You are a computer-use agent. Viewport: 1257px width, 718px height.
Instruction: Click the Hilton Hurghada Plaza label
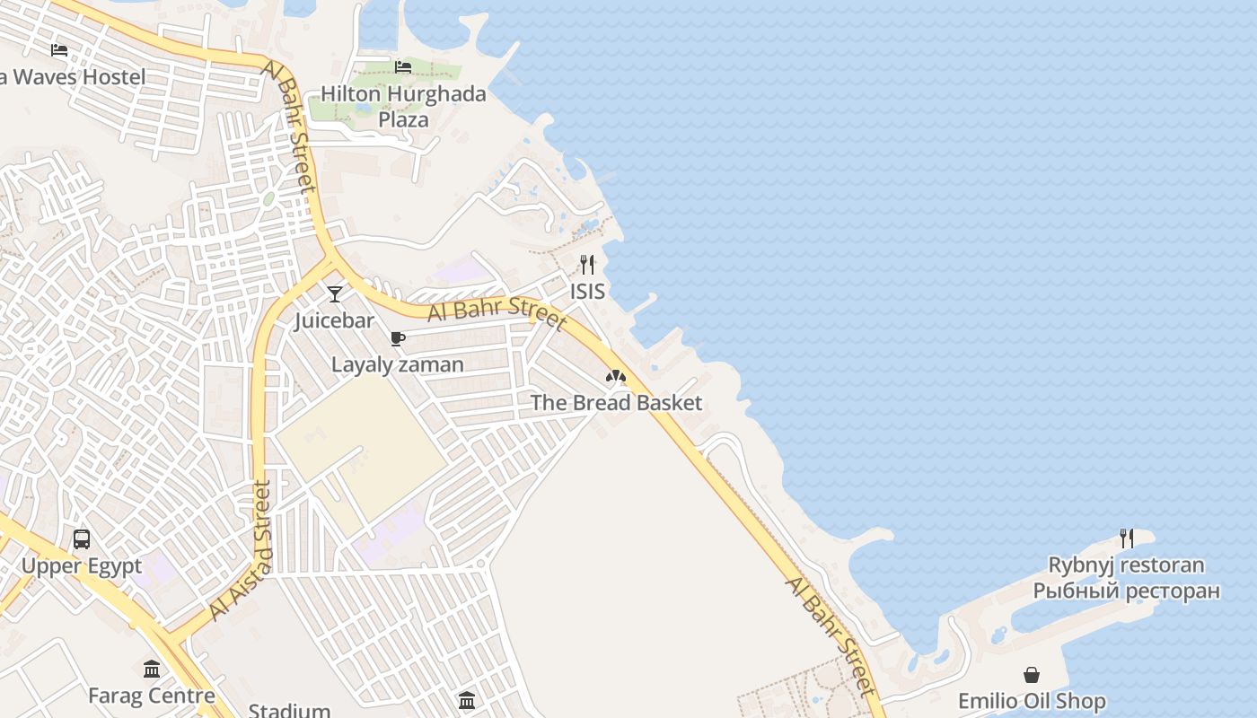tap(403, 106)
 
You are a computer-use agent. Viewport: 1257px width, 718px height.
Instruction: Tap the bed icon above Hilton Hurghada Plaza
tap(403, 66)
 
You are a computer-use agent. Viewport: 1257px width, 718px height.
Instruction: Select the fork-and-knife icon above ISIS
tap(587, 264)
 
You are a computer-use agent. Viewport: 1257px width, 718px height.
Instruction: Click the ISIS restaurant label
tap(587, 292)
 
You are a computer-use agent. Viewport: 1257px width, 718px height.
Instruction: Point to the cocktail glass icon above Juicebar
tap(335, 293)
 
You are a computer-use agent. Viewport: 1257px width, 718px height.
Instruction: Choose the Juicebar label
tap(335, 320)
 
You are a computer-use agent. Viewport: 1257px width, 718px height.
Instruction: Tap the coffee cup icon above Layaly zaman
tap(398, 338)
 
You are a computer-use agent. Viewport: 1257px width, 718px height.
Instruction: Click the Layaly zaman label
tap(398, 364)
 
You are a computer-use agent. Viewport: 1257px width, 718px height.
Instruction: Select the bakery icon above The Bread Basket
tap(616, 376)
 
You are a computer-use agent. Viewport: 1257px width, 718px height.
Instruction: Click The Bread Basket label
tap(616, 403)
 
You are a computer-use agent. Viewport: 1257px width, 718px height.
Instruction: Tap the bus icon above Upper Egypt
tap(82, 539)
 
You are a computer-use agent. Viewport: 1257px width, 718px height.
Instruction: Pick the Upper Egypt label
tap(82, 566)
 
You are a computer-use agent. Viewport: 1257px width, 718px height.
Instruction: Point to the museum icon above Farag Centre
tap(152, 669)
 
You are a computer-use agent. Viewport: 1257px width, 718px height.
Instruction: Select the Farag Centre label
tap(152, 696)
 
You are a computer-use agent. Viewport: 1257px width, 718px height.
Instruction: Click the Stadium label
tap(289, 711)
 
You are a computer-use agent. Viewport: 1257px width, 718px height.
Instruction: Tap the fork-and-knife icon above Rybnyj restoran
tap(1126, 538)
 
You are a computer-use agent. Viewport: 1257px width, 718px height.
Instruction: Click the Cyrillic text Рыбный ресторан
tap(1126, 591)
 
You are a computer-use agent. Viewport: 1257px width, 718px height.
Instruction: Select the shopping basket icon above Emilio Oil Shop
tap(1032, 674)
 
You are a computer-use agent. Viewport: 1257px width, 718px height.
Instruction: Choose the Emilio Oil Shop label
tap(1032, 701)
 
